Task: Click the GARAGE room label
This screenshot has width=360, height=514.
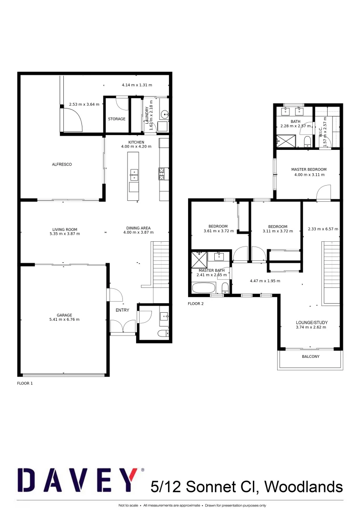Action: tap(65, 315)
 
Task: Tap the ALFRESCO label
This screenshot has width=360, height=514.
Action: tap(61, 164)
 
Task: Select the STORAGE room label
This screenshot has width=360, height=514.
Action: tap(117, 119)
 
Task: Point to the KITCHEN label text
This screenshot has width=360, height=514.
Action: tap(136, 142)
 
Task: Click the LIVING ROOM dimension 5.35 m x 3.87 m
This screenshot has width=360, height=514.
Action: tap(65, 234)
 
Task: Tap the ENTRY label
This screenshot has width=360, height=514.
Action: tap(122, 310)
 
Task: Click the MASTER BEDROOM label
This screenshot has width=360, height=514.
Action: tap(309, 169)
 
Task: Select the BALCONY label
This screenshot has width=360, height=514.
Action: tap(310, 356)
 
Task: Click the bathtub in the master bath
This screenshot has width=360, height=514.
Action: tap(203, 288)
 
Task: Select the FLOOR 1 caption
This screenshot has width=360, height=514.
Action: tap(25, 383)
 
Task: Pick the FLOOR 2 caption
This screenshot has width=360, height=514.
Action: tap(196, 303)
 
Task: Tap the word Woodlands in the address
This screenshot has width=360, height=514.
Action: tap(303, 486)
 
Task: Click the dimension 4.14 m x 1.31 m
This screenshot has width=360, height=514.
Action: tap(137, 85)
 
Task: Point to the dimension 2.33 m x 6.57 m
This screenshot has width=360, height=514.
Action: tap(322, 229)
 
